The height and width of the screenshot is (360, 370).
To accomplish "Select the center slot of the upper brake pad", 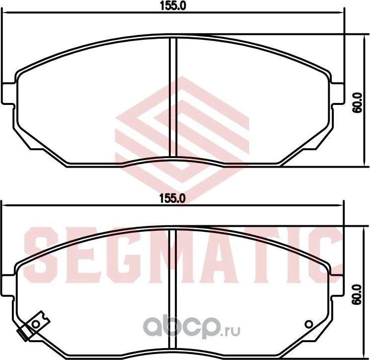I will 173,99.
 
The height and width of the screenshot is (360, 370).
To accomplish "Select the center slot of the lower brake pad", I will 173,291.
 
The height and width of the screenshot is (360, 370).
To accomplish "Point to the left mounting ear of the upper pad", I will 8,93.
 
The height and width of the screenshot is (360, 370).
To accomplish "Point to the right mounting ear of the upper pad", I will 337,93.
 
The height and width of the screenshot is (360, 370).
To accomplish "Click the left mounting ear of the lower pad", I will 8,285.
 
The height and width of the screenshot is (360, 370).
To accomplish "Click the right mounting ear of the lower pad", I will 337,285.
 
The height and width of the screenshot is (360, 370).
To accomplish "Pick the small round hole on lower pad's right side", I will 309,324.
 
